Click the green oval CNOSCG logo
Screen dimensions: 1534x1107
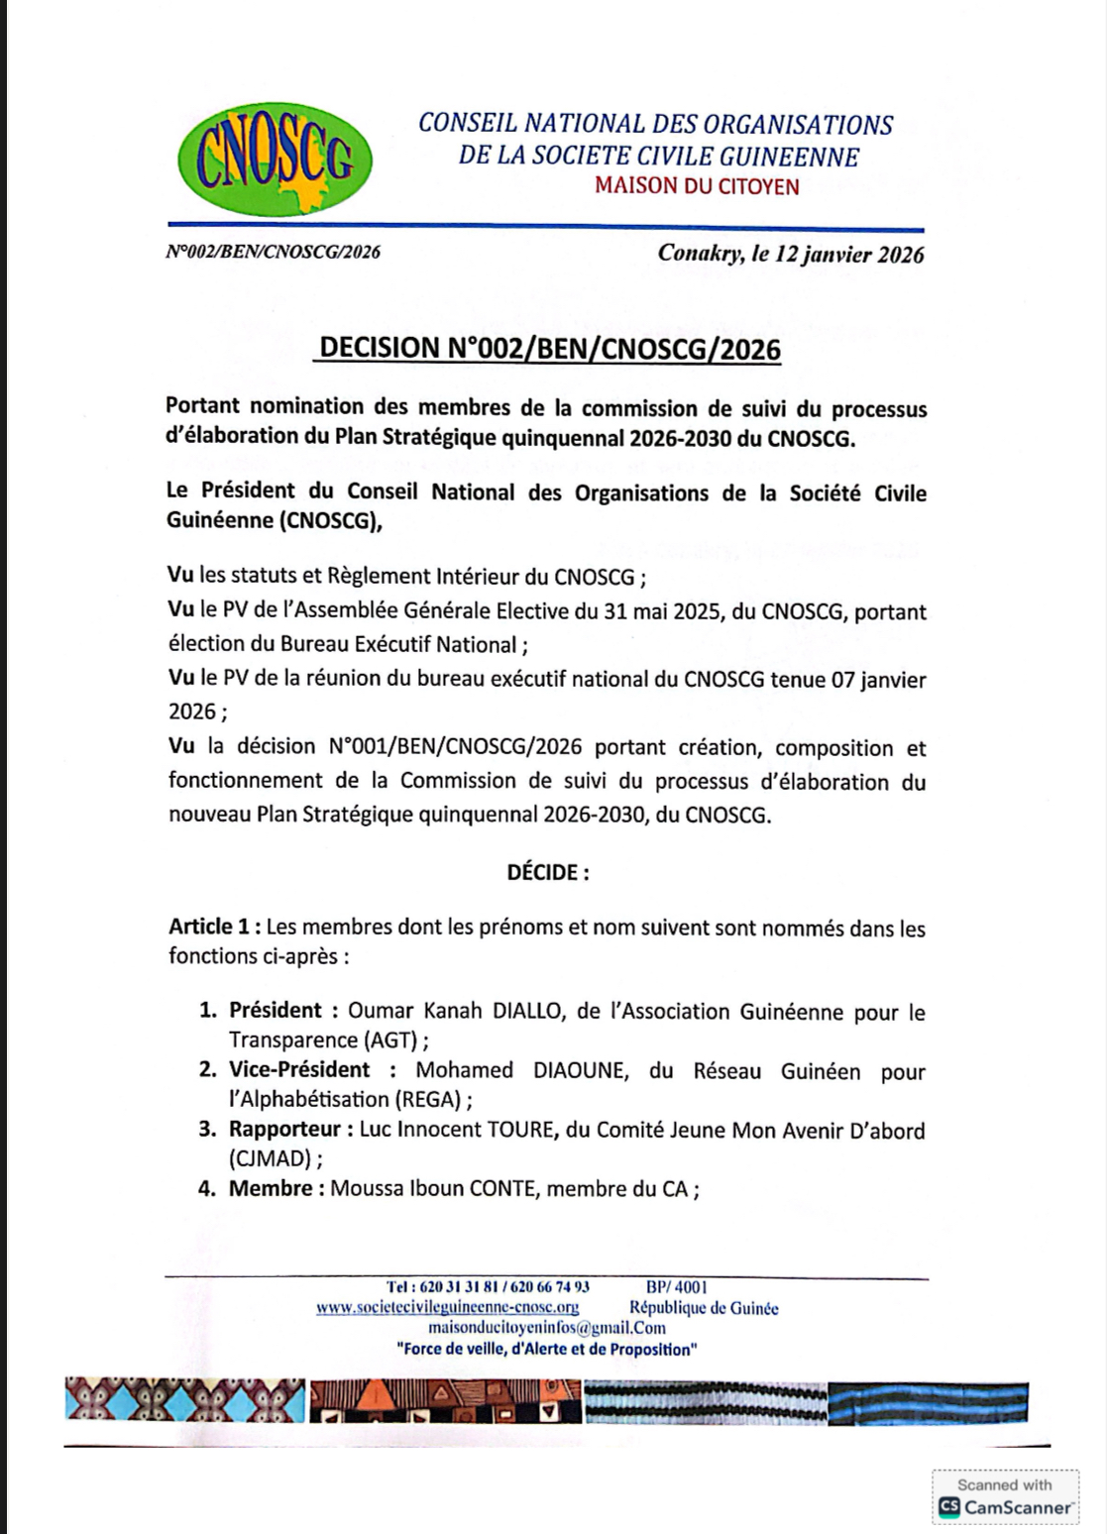point(275,160)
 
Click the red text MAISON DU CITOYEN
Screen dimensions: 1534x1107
point(697,186)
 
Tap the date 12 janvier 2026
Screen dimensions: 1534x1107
point(849,254)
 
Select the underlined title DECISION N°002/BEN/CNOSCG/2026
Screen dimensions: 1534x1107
point(550,349)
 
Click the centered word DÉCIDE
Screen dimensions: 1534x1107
point(547,872)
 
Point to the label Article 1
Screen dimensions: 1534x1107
point(213,927)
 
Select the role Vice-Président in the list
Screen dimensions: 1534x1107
point(299,1070)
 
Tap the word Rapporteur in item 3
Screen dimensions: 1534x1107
point(284,1130)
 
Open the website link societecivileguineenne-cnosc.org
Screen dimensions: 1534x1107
point(447,1308)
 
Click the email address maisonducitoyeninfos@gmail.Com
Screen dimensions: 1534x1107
point(546,1328)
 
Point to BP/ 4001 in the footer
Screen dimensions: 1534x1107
point(676,1287)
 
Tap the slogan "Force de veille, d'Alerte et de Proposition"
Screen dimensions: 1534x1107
point(546,1349)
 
